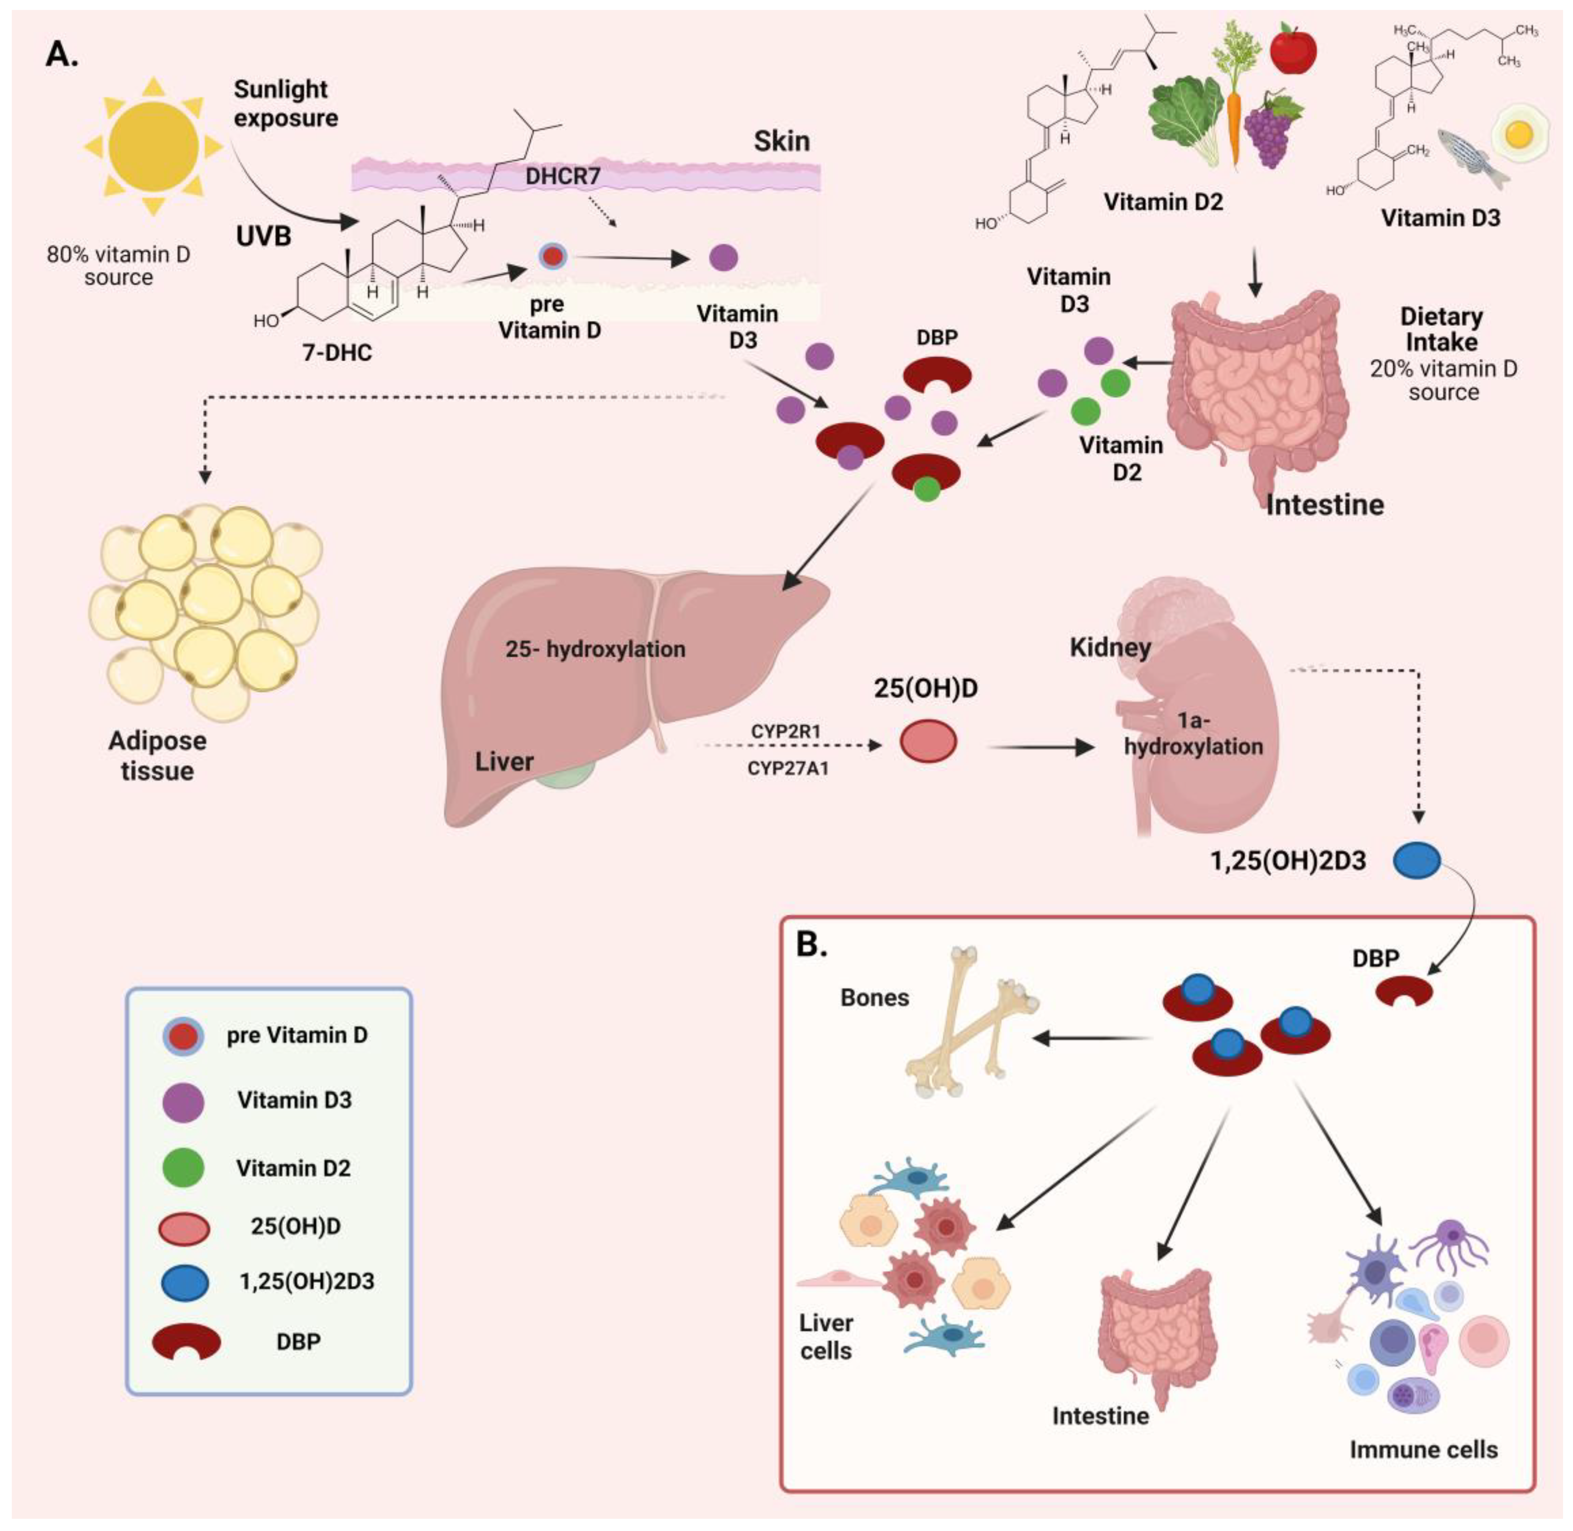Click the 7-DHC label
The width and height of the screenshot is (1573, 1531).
click(337, 352)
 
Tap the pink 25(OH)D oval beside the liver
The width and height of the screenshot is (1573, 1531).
click(927, 741)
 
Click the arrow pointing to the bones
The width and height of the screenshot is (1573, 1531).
click(1090, 1039)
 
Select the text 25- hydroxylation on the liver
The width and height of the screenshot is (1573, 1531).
click(595, 649)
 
